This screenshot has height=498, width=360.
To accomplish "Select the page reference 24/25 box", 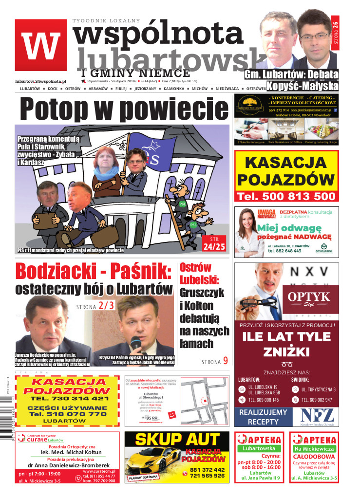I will coord(214,244).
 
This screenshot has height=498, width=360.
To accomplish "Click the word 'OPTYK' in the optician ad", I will coord(308,296).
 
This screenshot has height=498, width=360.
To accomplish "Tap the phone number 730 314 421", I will coord(73,398).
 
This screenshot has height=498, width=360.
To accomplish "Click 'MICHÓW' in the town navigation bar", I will coord(199,89).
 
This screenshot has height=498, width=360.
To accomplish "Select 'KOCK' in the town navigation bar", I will coord(53,89).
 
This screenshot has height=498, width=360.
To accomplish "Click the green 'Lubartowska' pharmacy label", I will coord(259,448).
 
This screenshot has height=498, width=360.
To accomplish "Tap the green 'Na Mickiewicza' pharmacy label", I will coord(314,448).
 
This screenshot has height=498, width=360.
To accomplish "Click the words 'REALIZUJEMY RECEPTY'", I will coord(264,417).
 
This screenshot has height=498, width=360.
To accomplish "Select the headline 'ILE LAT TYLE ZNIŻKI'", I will coord(286,344).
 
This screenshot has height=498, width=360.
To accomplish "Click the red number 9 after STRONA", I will coord(226,361).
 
